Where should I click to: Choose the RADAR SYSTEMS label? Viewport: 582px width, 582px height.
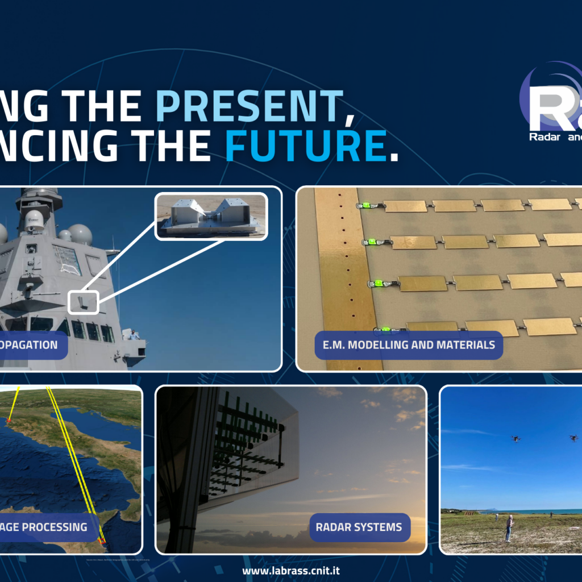click(x=359, y=527)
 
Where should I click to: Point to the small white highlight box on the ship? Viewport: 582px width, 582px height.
click(x=83, y=302)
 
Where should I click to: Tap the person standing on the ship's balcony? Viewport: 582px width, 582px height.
click(x=132, y=335)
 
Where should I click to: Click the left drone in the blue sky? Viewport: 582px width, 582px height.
click(x=516, y=438)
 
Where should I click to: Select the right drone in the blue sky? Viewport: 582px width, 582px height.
click(x=573, y=438)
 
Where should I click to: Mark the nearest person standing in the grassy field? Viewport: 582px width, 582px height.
click(x=509, y=527)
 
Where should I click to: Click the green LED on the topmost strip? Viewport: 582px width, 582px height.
click(x=367, y=205)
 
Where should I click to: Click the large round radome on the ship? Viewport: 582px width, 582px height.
click(x=80, y=234)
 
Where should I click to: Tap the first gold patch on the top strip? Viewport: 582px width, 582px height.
click(x=405, y=206)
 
